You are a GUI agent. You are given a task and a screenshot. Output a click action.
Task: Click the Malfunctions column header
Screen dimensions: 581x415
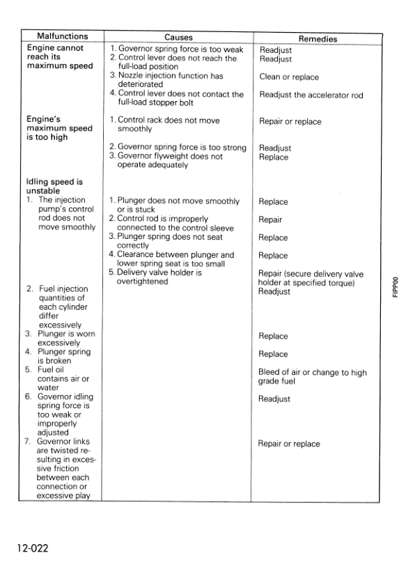tap(62, 36)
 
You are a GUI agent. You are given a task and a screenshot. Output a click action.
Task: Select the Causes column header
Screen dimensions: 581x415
tap(178, 37)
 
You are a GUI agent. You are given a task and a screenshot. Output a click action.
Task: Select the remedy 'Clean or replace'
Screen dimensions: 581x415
tap(287, 77)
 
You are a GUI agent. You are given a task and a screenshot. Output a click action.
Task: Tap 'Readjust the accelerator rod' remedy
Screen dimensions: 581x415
tap(311, 95)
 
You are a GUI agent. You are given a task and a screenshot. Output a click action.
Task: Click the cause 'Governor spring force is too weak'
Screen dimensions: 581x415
tap(176, 49)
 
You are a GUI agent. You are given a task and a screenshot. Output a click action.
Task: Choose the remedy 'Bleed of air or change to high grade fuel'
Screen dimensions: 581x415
tap(312, 377)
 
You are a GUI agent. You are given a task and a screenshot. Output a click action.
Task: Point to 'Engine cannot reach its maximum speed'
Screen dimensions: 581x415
tap(59, 57)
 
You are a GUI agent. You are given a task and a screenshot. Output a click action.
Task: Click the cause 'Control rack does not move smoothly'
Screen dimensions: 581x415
tap(164, 125)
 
